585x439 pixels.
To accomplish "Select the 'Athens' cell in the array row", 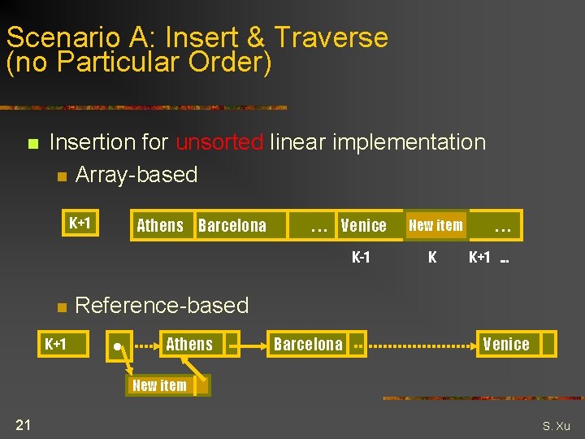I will [160, 226].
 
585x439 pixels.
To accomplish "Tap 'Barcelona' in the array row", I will [232, 226].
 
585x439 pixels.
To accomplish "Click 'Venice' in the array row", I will [363, 226].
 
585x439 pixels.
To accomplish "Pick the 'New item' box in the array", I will [435, 225].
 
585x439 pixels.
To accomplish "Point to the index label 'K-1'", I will [361, 258].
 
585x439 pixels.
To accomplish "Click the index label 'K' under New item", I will [432, 258].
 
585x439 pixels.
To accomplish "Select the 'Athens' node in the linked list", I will [189, 344].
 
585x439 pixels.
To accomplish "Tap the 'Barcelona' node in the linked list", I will [308, 344].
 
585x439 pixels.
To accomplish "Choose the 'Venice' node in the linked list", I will [506, 344].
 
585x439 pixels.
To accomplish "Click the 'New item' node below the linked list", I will [159, 385].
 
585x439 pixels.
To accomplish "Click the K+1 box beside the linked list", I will [55, 344].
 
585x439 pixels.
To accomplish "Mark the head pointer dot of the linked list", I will [118, 347].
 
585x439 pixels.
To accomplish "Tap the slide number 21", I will [23, 424].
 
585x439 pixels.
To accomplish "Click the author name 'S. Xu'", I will [557, 425].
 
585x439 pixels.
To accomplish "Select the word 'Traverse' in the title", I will [331, 37].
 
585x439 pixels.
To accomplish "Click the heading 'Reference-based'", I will [162, 306].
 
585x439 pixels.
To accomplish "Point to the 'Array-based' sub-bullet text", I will [136, 175].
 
